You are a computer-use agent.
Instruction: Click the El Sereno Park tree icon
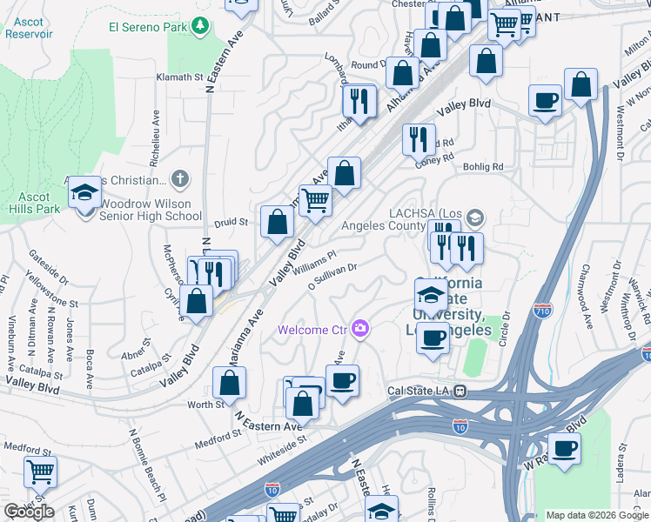pyautogui.click(x=201, y=26)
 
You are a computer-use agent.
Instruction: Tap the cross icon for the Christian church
pyautogui.click(x=180, y=179)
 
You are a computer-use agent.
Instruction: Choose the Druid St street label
pyautogui.click(x=232, y=223)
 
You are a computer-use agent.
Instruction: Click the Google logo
pyautogui.click(x=29, y=511)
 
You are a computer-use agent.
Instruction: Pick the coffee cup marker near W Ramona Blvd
pyautogui.click(x=565, y=449)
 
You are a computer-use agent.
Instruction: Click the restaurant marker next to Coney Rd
pyautogui.click(x=419, y=137)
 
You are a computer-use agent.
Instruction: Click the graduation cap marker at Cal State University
pyautogui.click(x=431, y=294)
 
